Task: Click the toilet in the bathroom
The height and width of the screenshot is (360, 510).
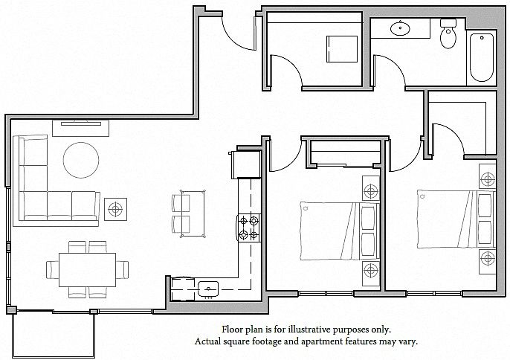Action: click(448, 33)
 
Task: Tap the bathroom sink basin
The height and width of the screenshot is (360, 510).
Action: click(400, 28)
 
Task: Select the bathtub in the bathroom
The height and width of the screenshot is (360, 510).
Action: click(482, 57)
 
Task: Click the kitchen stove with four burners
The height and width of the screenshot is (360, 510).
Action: click(249, 228)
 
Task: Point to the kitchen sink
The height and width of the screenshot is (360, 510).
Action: click(208, 288)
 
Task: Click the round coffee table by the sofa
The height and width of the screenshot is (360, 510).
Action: click(81, 160)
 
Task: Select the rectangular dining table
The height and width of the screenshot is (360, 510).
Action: click(87, 270)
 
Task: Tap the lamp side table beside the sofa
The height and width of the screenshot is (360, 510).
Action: click(115, 209)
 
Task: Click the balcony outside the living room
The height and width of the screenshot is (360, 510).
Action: click(54, 334)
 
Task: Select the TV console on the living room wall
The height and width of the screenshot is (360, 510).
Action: click(80, 128)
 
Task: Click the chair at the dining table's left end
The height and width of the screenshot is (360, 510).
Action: click(52, 270)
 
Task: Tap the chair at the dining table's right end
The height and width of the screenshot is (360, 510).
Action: click(122, 270)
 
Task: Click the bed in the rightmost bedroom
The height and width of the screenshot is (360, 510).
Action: click(456, 219)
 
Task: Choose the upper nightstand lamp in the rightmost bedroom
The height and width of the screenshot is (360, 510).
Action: click(488, 179)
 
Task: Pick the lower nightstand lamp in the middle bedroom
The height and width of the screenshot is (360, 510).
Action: click(371, 270)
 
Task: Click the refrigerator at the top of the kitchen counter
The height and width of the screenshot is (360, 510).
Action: click(246, 164)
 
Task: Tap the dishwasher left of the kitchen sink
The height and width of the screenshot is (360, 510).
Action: click(184, 289)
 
